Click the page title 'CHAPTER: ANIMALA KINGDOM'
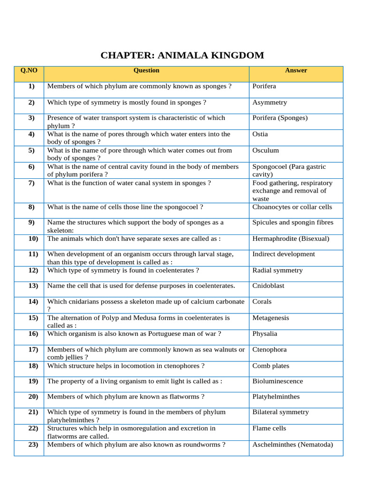[x=182, y=55]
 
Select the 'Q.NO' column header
[x=29, y=70]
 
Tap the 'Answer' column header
[x=296, y=70]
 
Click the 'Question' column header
[x=146, y=70]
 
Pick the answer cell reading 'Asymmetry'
[x=269, y=102]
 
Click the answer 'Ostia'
[x=260, y=134]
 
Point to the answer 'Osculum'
[x=266, y=150]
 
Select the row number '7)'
[x=31, y=183]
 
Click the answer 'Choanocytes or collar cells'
[x=292, y=207]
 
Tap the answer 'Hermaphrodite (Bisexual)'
[x=290, y=239]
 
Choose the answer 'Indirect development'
[x=283, y=254]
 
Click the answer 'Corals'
[x=262, y=302]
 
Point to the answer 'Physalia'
[x=265, y=334]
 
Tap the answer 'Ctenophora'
[x=269, y=350]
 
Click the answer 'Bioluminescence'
[x=277, y=381]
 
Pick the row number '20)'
[x=33, y=397]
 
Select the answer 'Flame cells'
[x=269, y=428]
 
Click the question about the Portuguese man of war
[x=134, y=334]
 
